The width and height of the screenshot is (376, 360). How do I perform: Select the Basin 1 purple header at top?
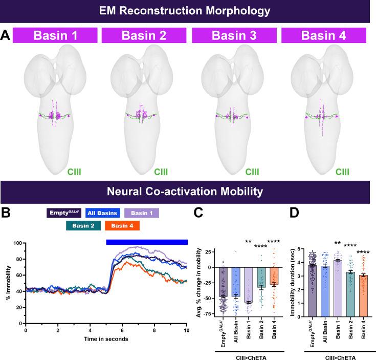(x=55, y=36)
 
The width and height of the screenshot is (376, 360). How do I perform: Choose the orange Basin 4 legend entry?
(x=122, y=225)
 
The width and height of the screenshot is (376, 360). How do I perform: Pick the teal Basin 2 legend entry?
(x=84, y=225)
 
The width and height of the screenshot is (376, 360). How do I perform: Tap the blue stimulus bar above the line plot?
(x=146, y=242)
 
